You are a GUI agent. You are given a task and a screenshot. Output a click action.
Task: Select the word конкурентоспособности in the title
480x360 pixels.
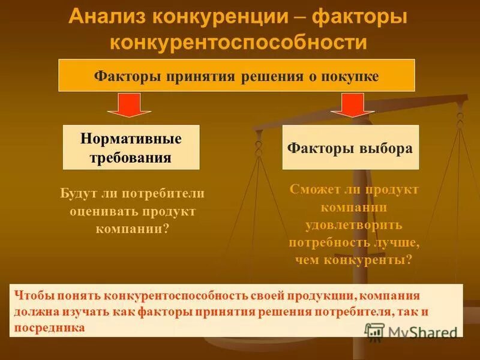click(x=238, y=42)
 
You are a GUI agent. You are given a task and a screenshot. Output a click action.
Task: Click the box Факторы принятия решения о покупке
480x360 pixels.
click(x=236, y=76)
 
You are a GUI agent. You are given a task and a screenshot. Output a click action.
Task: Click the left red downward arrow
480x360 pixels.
click(x=129, y=105)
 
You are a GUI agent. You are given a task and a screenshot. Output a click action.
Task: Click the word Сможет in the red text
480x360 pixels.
click(x=312, y=189)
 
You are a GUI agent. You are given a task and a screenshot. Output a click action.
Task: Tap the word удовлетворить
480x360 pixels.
click(x=353, y=225)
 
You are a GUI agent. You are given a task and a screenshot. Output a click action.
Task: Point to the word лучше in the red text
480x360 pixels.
click(x=397, y=242)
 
